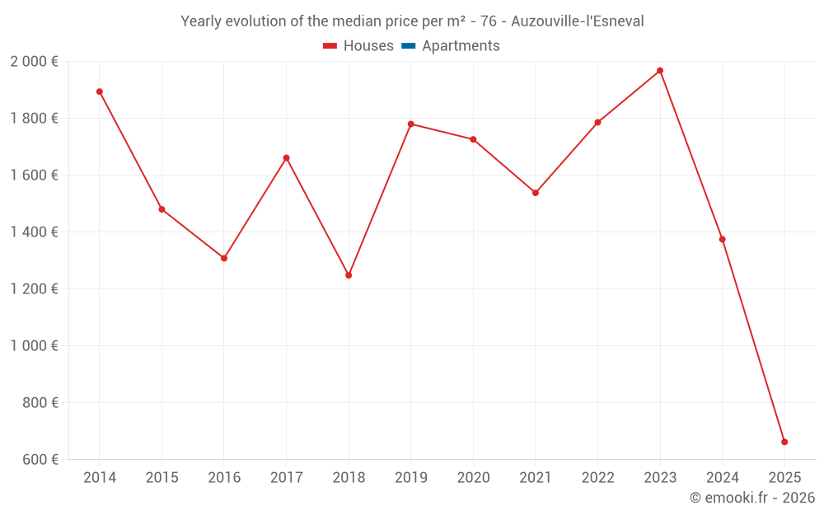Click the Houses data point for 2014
point(100,91)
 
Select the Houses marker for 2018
point(349,275)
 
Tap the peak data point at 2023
point(660,71)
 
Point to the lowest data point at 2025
point(784,442)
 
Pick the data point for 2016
point(224,258)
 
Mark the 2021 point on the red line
point(536,193)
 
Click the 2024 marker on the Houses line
point(723,239)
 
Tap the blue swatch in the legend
point(408,46)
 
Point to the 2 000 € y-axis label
point(34,62)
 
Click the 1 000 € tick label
point(34,346)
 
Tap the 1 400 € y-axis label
point(34,232)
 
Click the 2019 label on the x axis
point(411,478)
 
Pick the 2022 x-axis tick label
point(597,478)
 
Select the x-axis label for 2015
point(162,478)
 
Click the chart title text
point(412,21)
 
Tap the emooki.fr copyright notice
point(751,498)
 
